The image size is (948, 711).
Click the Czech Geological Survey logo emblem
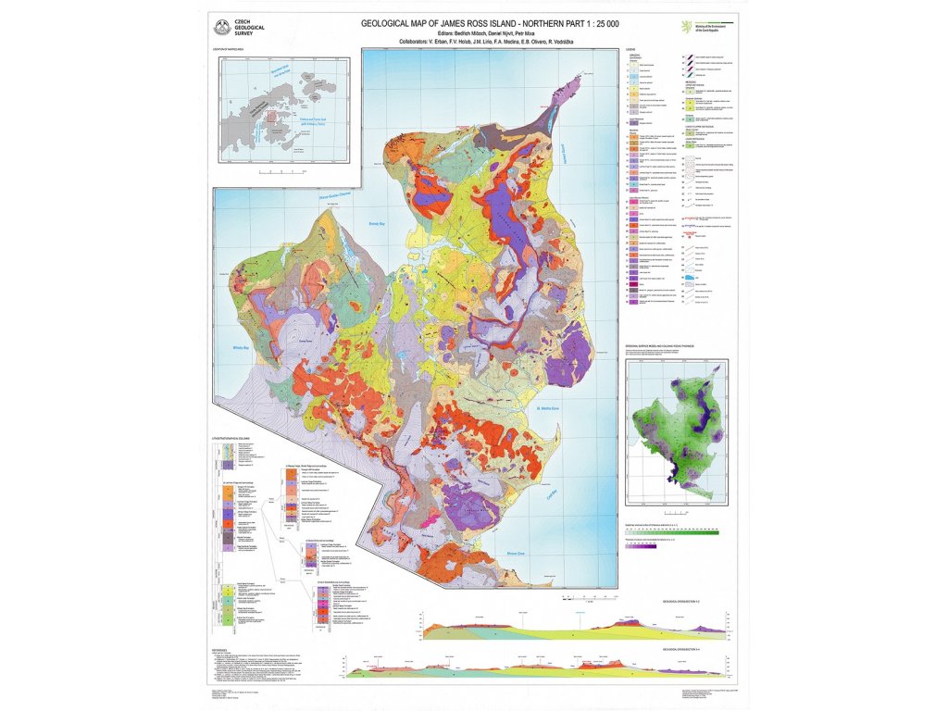tap(219, 27)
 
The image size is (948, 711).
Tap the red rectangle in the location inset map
tap(270, 117)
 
